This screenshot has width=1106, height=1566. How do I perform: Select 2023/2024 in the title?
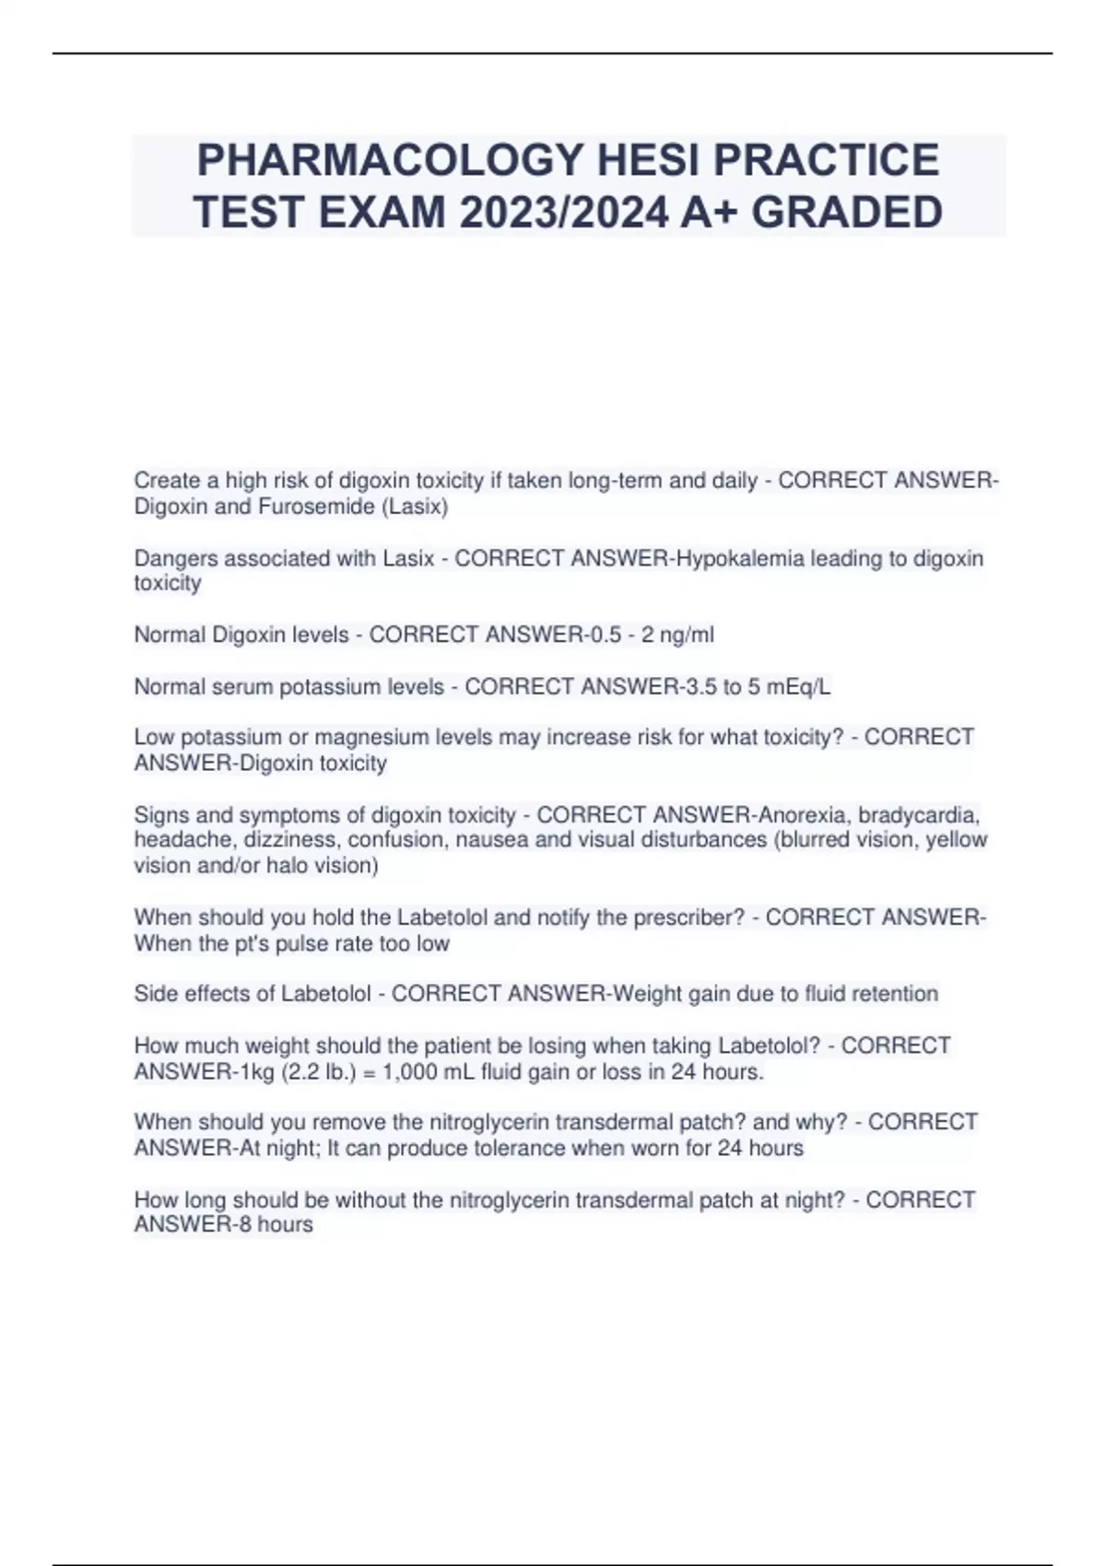pos(562,213)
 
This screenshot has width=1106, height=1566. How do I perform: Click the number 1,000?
pos(415,1072)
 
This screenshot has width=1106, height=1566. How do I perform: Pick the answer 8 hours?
pos(276,1225)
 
